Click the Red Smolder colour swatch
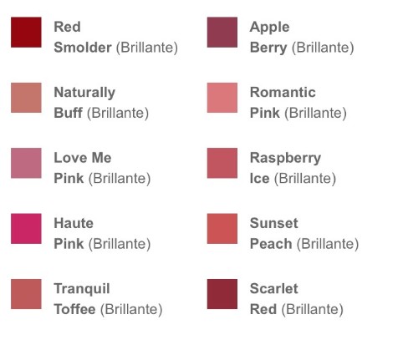[26, 33]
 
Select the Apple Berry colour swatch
[222, 33]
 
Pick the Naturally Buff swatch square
[26, 98]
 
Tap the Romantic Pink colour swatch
[222, 98]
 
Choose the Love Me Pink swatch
[26, 163]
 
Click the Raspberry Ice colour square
[222, 163]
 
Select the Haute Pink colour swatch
[26, 229]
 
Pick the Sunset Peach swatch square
[222, 229]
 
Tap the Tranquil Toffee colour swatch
[26, 294]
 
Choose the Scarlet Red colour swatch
[222, 294]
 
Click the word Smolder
[83, 48]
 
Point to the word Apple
[269, 28]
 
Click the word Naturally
[84, 93]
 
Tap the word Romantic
[283, 92]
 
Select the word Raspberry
[285, 159]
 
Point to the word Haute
[74, 223]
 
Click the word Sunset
[274, 223]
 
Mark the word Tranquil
[82, 289]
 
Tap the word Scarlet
[274, 288]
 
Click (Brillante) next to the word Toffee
[131, 310]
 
